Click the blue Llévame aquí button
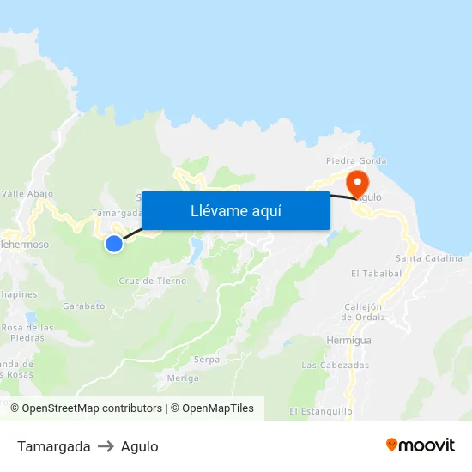pyautogui.click(x=235, y=210)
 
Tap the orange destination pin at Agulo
pyautogui.click(x=356, y=183)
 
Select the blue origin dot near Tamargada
pyautogui.click(x=114, y=244)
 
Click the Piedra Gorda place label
pyautogui.click(x=356, y=160)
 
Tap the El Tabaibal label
pyautogui.click(x=376, y=274)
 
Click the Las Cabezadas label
pyautogui.click(x=335, y=365)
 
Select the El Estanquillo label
pyautogui.click(x=321, y=411)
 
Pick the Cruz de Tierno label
pyautogui.click(x=153, y=281)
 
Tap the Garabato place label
pyautogui.click(x=83, y=305)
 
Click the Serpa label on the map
pyautogui.click(x=207, y=359)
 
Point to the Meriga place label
pyautogui.click(x=184, y=378)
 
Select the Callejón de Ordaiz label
pyautogui.click(x=363, y=312)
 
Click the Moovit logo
pyautogui.click(x=421, y=445)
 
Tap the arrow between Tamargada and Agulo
pyautogui.click(x=106, y=446)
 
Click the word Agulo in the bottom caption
pyautogui.click(x=139, y=446)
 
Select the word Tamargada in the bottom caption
pyautogui.click(x=53, y=446)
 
